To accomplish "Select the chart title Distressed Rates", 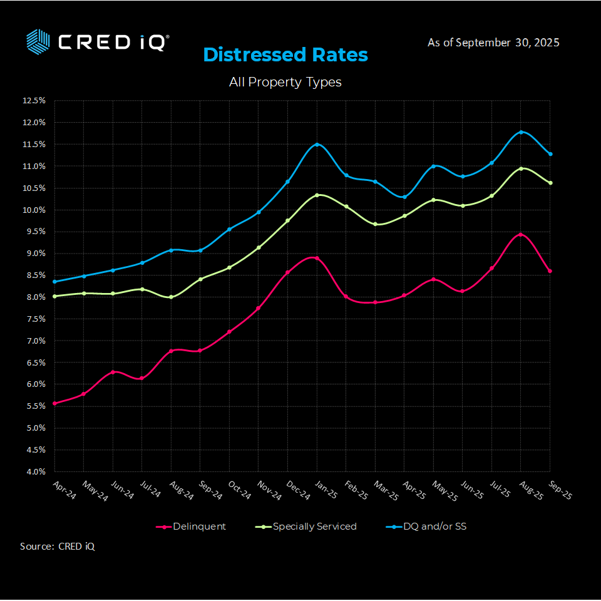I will pyautogui.click(x=285, y=55).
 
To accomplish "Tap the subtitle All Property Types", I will pyautogui.click(x=285, y=82).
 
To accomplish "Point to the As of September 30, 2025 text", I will pyautogui.click(x=493, y=43).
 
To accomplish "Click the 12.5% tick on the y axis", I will pyautogui.click(x=34, y=100).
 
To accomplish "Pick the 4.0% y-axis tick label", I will pyautogui.click(x=34, y=471).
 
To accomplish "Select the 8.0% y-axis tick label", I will pyautogui.click(x=34, y=297).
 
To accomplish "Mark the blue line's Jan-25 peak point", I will pyautogui.click(x=317, y=145).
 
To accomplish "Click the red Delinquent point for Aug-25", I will pyautogui.click(x=521, y=235).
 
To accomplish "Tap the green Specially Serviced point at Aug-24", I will pyautogui.click(x=171, y=297).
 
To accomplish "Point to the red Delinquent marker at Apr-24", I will pyautogui.click(x=55, y=403).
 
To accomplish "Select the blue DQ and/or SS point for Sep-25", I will pyautogui.click(x=550, y=154).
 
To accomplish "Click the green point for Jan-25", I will pyautogui.click(x=317, y=195).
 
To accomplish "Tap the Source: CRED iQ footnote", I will pyautogui.click(x=58, y=546).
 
